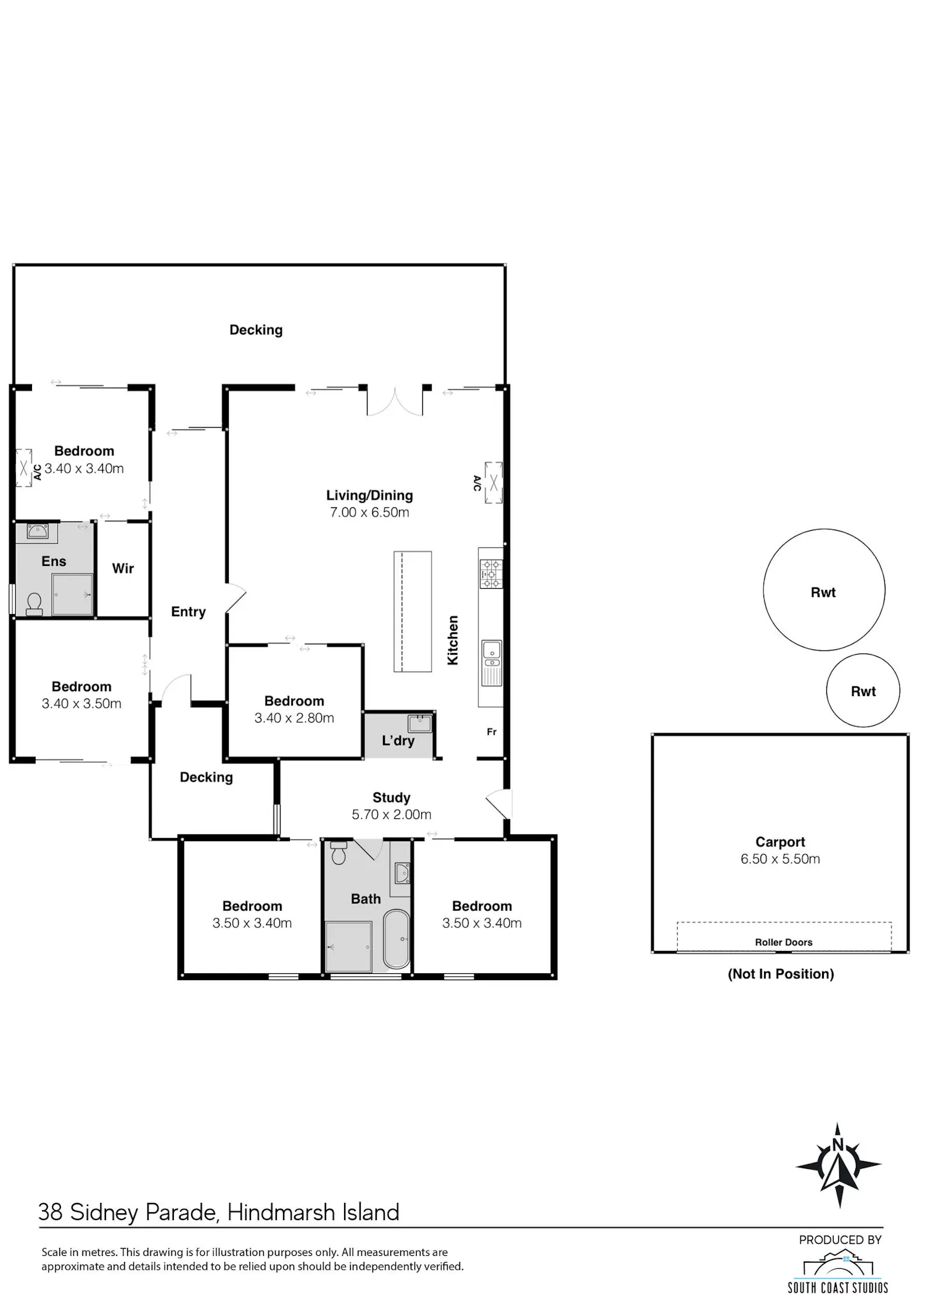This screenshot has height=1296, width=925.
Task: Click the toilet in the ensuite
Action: (x=35, y=604)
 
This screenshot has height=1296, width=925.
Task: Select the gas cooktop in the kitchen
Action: (x=491, y=573)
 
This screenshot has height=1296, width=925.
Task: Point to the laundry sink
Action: (x=420, y=723)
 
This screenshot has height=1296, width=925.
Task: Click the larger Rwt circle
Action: (x=824, y=590)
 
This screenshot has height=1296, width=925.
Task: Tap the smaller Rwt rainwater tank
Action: (x=863, y=691)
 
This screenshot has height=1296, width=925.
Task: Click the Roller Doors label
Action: (x=783, y=942)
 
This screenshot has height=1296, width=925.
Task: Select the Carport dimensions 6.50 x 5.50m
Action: (x=780, y=858)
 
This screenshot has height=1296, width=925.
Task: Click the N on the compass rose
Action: (x=837, y=1145)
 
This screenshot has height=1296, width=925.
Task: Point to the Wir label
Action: (x=123, y=568)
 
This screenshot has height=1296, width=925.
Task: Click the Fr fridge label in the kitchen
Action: (x=491, y=732)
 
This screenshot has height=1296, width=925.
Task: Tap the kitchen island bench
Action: (x=413, y=611)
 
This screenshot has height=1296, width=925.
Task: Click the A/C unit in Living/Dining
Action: (x=493, y=483)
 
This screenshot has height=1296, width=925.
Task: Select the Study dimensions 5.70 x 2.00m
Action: (x=392, y=815)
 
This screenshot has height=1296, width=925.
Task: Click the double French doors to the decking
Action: (x=395, y=401)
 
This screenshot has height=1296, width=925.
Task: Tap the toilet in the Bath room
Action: (x=339, y=853)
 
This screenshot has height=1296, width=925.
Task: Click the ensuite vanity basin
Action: (x=38, y=531)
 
